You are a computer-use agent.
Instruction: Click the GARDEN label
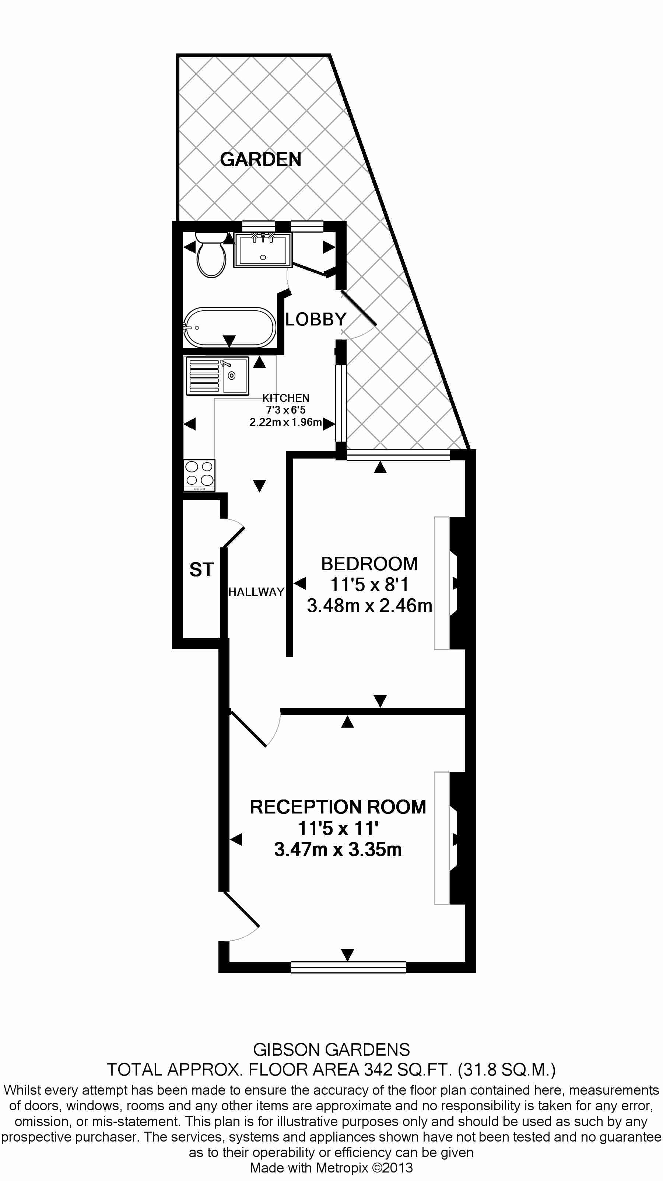[x=260, y=159]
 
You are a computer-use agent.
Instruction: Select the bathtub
[x=229, y=327]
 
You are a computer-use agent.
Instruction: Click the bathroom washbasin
[x=263, y=250]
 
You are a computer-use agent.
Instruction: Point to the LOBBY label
[x=316, y=319]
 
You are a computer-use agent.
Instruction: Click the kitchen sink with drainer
[x=217, y=376]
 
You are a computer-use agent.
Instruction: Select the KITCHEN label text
[x=285, y=398]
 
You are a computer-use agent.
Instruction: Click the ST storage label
[x=201, y=570]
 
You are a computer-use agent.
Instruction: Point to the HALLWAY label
[x=256, y=592]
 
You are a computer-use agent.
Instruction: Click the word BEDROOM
[x=369, y=564]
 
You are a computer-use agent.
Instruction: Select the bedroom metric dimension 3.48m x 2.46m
[x=369, y=606]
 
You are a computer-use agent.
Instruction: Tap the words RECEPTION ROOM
[x=338, y=807]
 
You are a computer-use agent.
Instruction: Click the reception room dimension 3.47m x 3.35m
[x=338, y=849]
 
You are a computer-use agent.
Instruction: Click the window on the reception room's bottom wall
[x=348, y=967]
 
